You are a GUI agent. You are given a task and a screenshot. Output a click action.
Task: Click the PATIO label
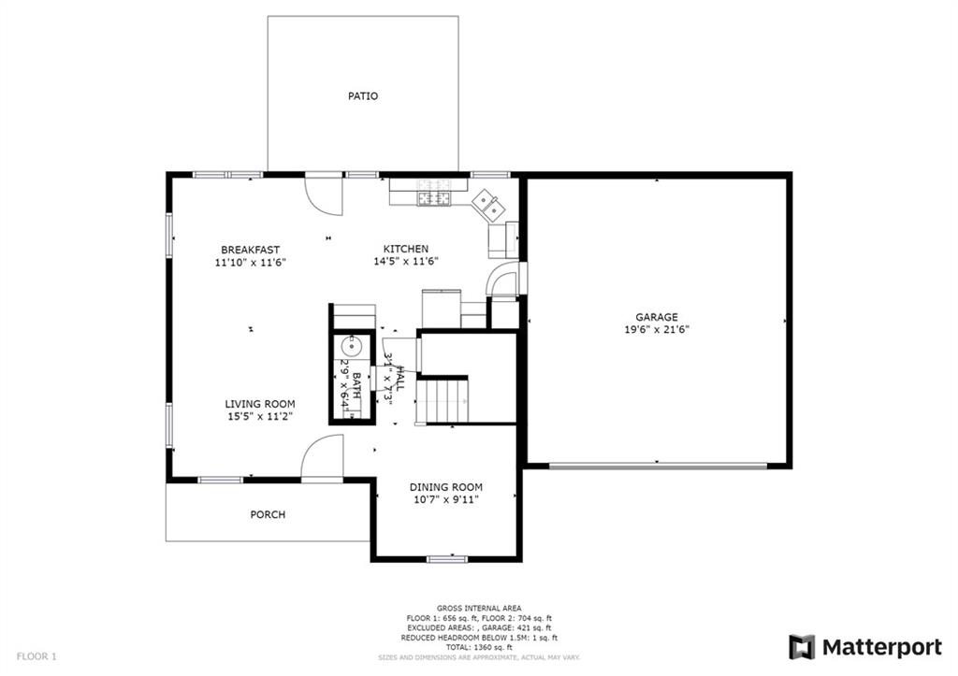(363, 96)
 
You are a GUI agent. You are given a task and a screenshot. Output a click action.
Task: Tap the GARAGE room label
(658, 317)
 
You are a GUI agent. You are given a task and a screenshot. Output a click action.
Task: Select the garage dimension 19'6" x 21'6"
(658, 330)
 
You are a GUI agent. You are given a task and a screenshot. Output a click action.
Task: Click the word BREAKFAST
(250, 250)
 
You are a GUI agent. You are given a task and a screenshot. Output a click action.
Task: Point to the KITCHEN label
(406, 249)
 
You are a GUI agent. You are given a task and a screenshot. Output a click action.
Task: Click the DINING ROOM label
(445, 487)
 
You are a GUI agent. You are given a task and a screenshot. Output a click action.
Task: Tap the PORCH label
(268, 514)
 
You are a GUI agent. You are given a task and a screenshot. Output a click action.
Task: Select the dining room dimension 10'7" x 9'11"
(445, 500)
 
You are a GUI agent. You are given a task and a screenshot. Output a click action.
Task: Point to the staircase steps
(443, 399)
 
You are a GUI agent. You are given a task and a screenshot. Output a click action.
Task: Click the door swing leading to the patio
(325, 195)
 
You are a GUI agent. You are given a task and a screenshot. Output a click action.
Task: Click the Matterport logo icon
(802, 647)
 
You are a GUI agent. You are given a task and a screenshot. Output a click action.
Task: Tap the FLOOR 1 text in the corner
(36, 656)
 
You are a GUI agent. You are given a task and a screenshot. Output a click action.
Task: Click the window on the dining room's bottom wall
(446, 559)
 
